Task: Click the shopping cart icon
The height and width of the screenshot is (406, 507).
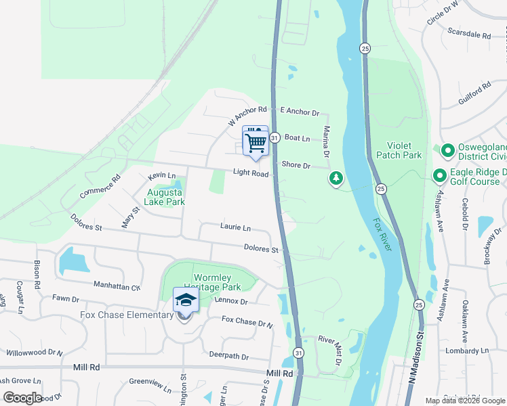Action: tap(256, 142)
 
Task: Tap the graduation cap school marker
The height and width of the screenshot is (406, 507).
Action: tap(185, 300)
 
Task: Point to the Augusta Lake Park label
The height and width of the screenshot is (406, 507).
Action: tap(166, 197)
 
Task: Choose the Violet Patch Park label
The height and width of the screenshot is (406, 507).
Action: tap(404, 150)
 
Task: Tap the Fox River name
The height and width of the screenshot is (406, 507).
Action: tap(382, 235)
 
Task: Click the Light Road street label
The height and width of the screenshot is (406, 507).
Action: tap(251, 174)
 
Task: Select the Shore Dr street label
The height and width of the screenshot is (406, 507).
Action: tap(296, 165)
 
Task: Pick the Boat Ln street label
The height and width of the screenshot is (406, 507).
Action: tap(297, 138)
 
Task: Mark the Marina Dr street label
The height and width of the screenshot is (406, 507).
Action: tap(326, 141)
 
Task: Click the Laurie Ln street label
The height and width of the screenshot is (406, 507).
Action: tap(235, 227)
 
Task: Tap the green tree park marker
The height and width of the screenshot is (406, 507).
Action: tap(336, 178)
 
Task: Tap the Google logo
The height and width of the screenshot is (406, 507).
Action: tap(23, 398)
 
